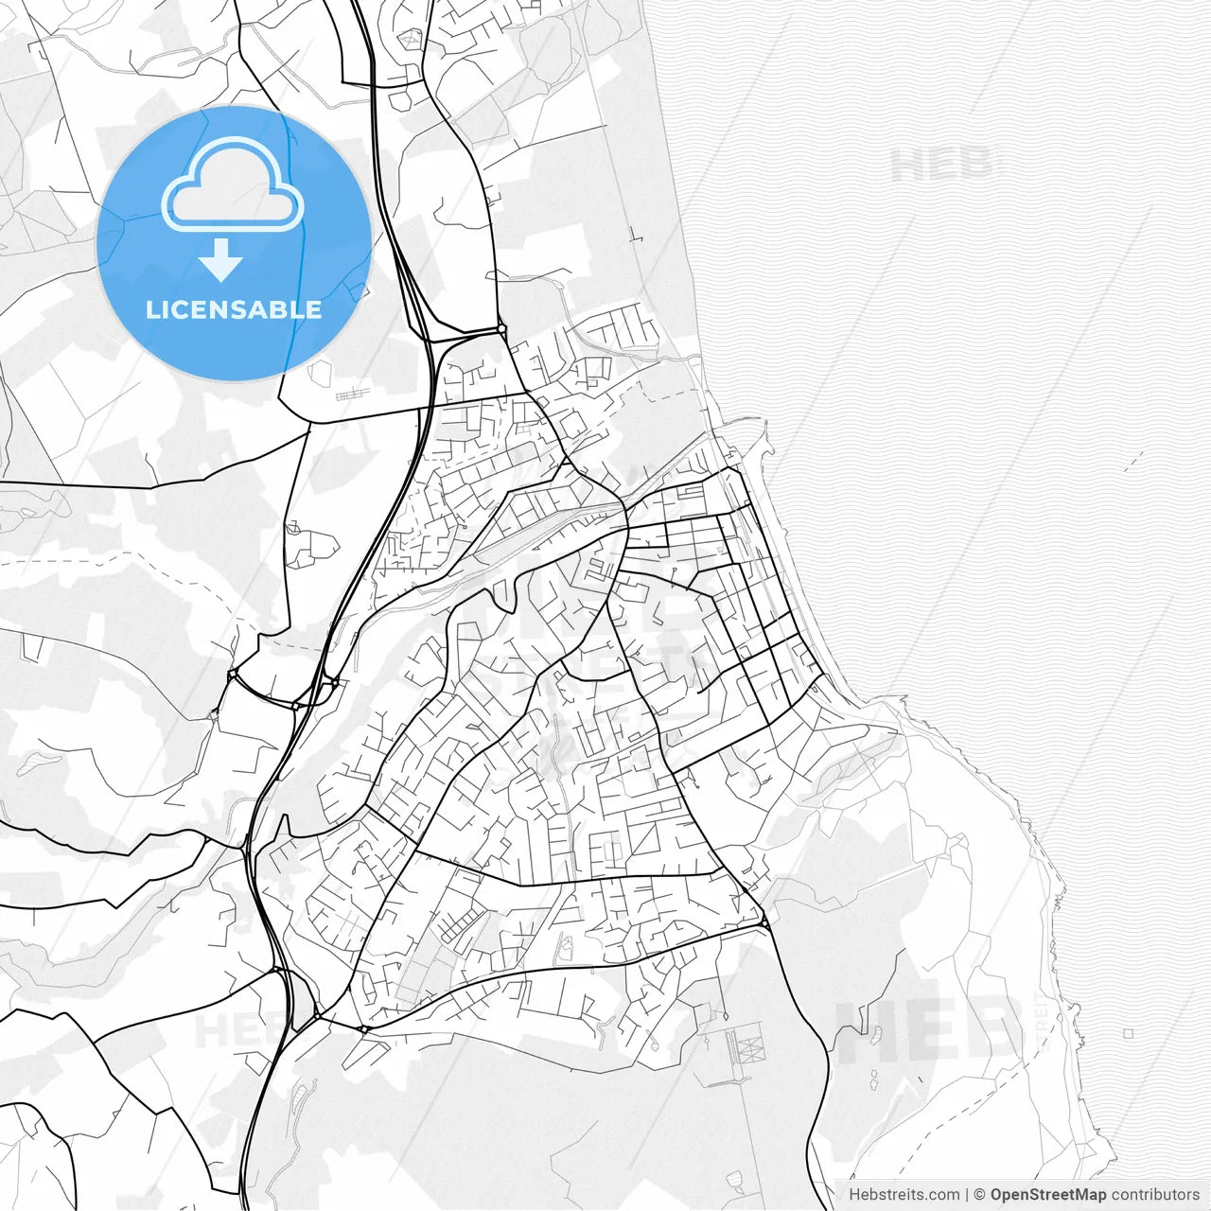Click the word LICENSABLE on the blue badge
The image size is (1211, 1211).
(x=234, y=309)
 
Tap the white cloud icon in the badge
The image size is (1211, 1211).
(x=233, y=185)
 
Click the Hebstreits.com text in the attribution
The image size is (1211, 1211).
(x=904, y=1195)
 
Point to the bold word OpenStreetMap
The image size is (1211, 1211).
(x=1047, y=1195)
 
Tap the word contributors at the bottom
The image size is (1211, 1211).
(x=1154, y=1195)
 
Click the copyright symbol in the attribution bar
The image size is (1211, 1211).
(x=979, y=1195)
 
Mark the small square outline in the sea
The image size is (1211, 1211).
(x=1129, y=1034)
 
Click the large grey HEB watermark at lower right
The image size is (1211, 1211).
(x=927, y=1031)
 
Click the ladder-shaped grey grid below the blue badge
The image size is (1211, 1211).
(x=354, y=392)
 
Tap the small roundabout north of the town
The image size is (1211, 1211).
(x=501, y=329)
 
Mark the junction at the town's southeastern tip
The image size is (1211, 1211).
(x=763, y=921)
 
